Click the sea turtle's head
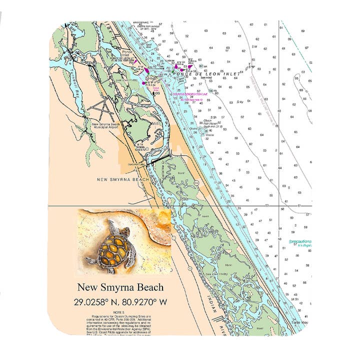click(x=124, y=231)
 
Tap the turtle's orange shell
click(x=111, y=246)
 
